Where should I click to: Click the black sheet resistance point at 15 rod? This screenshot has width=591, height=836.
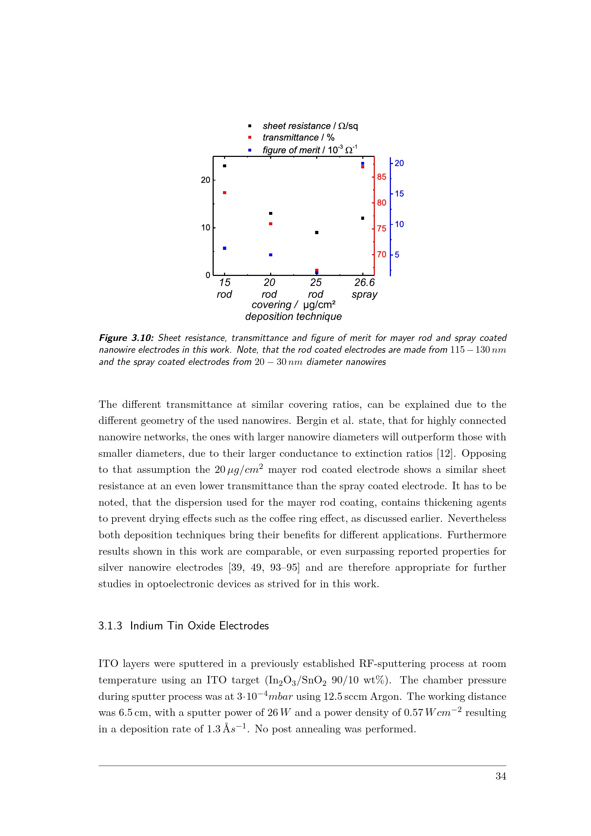click(x=224, y=166)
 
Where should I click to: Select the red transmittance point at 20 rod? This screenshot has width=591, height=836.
click(x=270, y=224)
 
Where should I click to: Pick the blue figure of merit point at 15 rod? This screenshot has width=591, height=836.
click(x=224, y=248)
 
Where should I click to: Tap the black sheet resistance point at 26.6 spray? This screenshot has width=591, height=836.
click(x=362, y=218)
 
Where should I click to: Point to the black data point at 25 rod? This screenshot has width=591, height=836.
click(x=317, y=233)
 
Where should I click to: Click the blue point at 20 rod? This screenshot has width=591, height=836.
click(x=270, y=255)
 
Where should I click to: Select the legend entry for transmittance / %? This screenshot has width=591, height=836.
click(x=298, y=138)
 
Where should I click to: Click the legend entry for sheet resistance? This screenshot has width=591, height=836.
click(x=310, y=126)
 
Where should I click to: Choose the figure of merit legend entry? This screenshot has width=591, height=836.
click(x=310, y=150)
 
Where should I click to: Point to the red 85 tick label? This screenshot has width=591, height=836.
click(x=381, y=177)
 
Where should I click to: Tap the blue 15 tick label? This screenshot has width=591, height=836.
click(x=399, y=194)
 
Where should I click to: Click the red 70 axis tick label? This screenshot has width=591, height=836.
click(x=381, y=254)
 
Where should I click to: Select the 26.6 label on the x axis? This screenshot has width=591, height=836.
click(x=364, y=283)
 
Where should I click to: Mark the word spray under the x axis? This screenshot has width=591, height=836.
click(x=364, y=295)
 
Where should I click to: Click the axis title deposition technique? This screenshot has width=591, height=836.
click(x=293, y=317)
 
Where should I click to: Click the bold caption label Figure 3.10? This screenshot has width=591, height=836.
click(x=126, y=338)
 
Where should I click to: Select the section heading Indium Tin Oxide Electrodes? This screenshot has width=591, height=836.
click(x=199, y=625)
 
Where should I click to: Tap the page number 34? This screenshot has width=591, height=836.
click(x=501, y=776)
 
